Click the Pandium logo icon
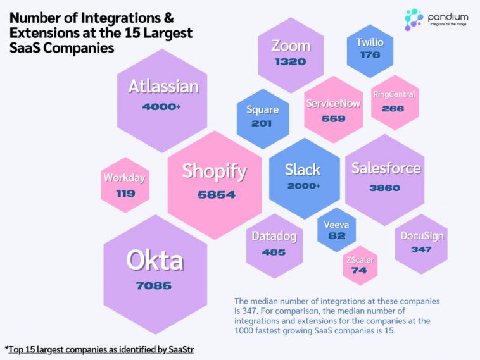click(x=413, y=18)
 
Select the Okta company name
click(x=155, y=260)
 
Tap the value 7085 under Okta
click(x=154, y=286)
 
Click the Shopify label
click(x=214, y=171)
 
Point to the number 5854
click(x=217, y=195)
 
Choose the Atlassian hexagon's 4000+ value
click(x=161, y=107)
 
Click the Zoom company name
click(x=291, y=46)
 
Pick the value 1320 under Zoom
click(x=291, y=62)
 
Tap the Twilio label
click(x=370, y=42)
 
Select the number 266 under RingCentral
click(x=393, y=109)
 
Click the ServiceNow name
click(x=333, y=103)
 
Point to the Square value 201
click(x=262, y=123)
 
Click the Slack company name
click(x=303, y=170)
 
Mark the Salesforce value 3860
click(x=385, y=188)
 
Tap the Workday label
click(x=124, y=178)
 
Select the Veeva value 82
click(x=337, y=236)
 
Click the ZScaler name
click(x=360, y=259)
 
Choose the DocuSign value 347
click(x=421, y=249)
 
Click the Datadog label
click(x=274, y=236)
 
